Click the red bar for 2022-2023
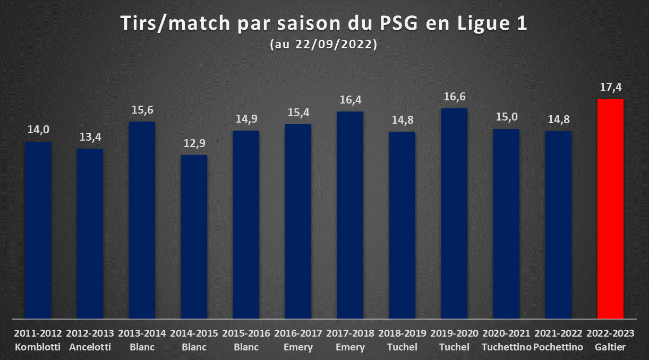click(x=610, y=209)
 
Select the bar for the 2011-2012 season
click(x=38, y=230)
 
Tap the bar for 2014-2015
click(x=194, y=237)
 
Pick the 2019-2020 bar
click(x=454, y=213)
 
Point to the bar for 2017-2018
click(x=351, y=215)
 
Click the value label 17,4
click(x=610, y=87)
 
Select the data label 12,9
click(x=194, y=143)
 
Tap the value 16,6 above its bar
click(x=455, y=97)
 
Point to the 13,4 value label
click(x=90, y=136)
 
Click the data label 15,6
click(x=142, y=110)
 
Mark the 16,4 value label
click(x=351, y=100)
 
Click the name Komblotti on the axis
click(x=38, y=347)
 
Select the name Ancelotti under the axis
click(x=90, y=347)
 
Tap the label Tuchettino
click(x=506, y=347)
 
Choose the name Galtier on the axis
click(x=610, y=347)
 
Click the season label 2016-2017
click(x=298, y=333)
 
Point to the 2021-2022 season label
click(x=558, y=333)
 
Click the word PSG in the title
click(x=399, y=23)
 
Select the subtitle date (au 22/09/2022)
click(x=323, y=44)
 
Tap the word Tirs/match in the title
click(x=175, y=23)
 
